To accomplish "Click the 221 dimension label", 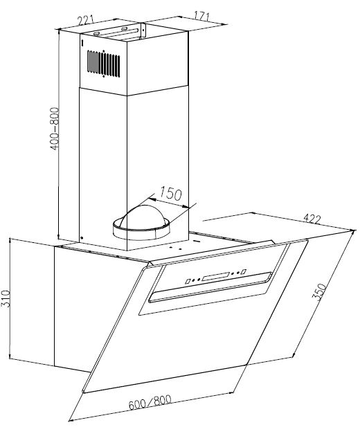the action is [86, 20].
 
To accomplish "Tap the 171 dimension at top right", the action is [202, 16].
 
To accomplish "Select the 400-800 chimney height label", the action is [55, 129].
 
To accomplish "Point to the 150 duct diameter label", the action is [170, 194].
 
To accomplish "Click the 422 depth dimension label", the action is [312, 219].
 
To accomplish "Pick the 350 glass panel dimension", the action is [321, 292].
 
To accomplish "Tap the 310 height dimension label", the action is [5, 299].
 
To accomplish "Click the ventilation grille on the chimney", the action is [104, 64].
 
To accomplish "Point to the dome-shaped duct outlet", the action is [142, 222].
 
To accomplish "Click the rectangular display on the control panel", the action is [215, 276].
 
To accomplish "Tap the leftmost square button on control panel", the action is [188, 281].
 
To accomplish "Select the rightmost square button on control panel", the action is [244, 272].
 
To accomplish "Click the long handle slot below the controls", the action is [210, 287].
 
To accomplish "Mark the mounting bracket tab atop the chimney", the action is [143, 30].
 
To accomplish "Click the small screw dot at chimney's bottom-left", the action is [82, 238].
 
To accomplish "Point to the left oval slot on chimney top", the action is [97, 34].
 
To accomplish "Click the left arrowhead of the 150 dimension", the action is [152, 199].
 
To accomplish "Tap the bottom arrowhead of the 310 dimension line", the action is [10, 356].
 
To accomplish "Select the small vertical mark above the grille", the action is [82, 43].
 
